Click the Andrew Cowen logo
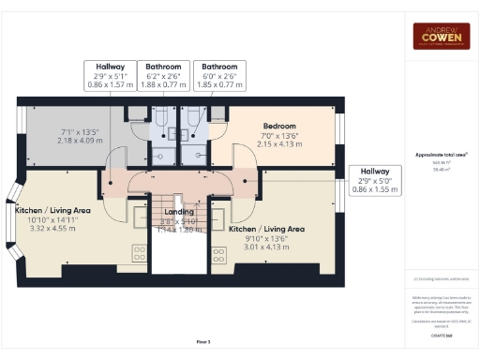point(440,35)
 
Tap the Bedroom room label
point(278,126)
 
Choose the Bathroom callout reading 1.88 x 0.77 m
point(164,75)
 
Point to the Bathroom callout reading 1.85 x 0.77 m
point(219,75)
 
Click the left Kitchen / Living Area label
point(52,211)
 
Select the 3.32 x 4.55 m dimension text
point(52,228)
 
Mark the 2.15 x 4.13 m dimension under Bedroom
point(278,144)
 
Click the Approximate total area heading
point(440,156)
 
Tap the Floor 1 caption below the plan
point(204,342)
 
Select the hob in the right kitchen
point(217,253)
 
